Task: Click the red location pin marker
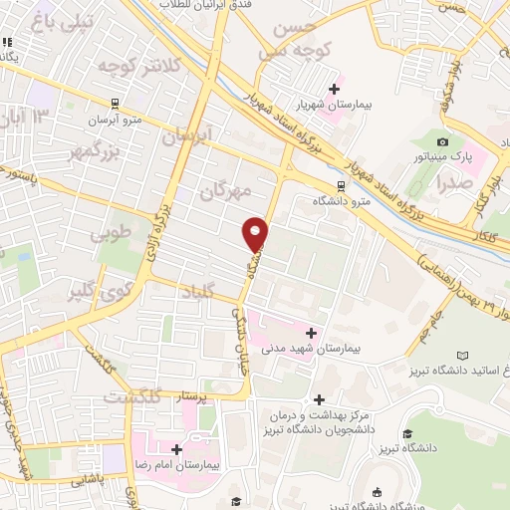pyautogui.click(x=256, y=234)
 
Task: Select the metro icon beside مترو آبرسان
pyautogui.click(x=116, y=103)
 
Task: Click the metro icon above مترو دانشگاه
pyautogui.click(x=341, y=185)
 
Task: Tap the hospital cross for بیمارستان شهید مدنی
pyautogui.click(x=312, y=334)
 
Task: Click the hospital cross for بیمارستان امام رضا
pyautogui.click(x=176, y=449)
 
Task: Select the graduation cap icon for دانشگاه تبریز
pyautogui.click(x=406, y=434)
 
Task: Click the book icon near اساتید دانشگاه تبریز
pyautogui.click(x=460, y=356)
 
